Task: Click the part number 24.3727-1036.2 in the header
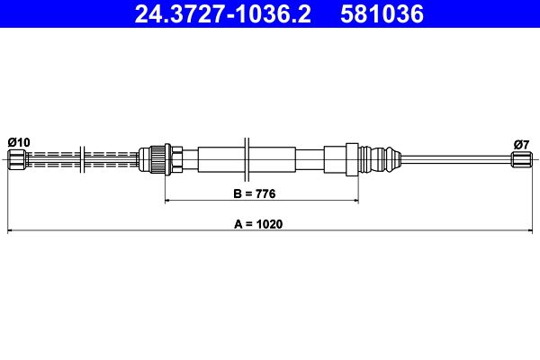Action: click(222, 14)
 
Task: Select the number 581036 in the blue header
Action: click(382, 14)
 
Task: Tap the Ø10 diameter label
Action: click(19, 142)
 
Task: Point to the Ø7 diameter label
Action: click(521, 145)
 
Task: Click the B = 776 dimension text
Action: click(255, 193)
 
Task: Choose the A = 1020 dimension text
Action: click(258, 224)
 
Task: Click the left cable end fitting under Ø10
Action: click(18, 159)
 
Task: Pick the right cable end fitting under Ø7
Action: click(521, 159)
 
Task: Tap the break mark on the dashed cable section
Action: click(82, 159)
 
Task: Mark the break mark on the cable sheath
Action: click(247, 159)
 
